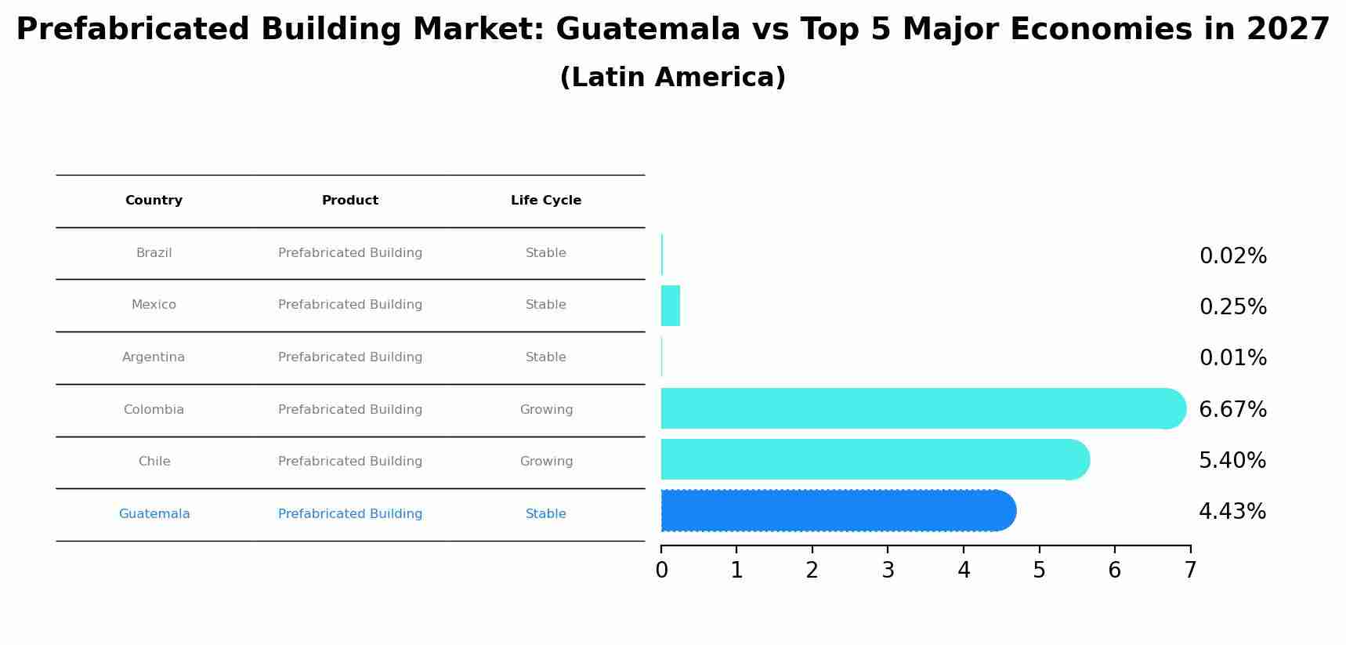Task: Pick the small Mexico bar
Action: [x=671, y=306]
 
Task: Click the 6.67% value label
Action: [x=1232, y=409]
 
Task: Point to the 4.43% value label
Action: [x=1232, y=512]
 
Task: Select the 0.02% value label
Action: [x=1232, y=256]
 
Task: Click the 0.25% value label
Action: [x=1232, y=307]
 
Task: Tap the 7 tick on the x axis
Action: [x=1190, y=571]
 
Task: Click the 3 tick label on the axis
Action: [x=888, y=571]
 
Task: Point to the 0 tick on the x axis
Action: [x=661, y=571]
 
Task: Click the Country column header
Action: [x=154, y=201]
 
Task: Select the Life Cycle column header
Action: [x=546, y=201]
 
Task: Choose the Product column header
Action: [x=350, y=201]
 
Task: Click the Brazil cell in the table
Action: [x=154, y=253]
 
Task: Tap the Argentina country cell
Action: [x=154, y=357]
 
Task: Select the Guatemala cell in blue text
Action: [x=154, y=514]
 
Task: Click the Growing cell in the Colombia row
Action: [x=546, y=410]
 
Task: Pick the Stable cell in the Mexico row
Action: [x=546, y=305]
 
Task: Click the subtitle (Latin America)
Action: [x=673, y=78]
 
